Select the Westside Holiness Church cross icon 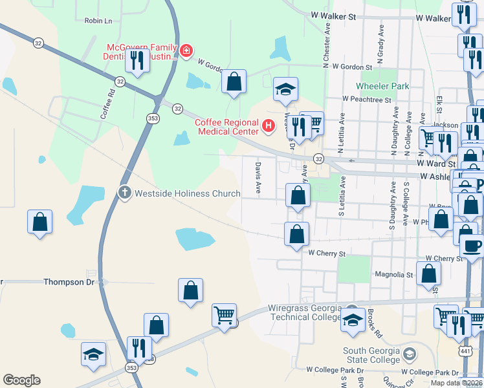point(124,193)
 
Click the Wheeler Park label point(383,86)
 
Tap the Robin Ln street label point(98,21)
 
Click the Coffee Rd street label point(107,103)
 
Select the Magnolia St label point(394,275)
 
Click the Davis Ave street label point(258,178)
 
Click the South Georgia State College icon point(409,353)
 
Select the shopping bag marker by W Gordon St point(234,81)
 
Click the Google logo point(21,380)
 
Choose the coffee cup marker point(472,246)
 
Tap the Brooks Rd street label point(372,320)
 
